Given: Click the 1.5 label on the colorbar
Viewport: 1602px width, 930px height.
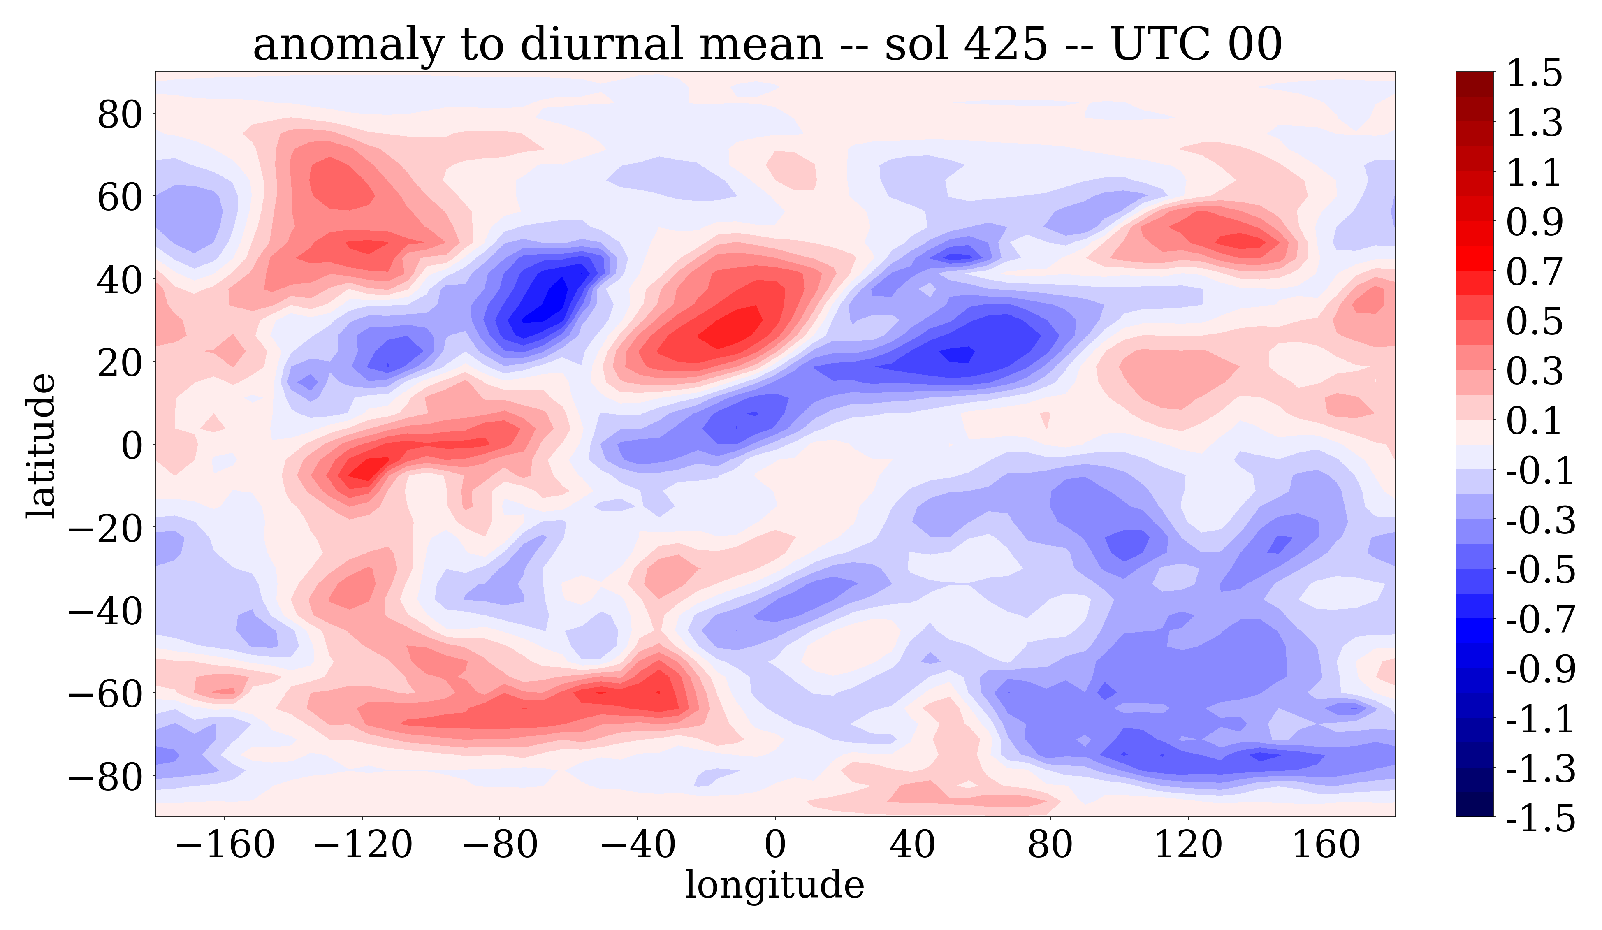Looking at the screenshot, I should coord(1534,74).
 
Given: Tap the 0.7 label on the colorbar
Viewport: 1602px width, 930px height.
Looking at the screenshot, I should coord(1534,272).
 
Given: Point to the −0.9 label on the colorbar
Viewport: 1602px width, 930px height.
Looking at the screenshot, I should coord(1540,669).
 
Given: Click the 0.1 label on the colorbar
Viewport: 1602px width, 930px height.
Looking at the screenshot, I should coord(1534,421).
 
